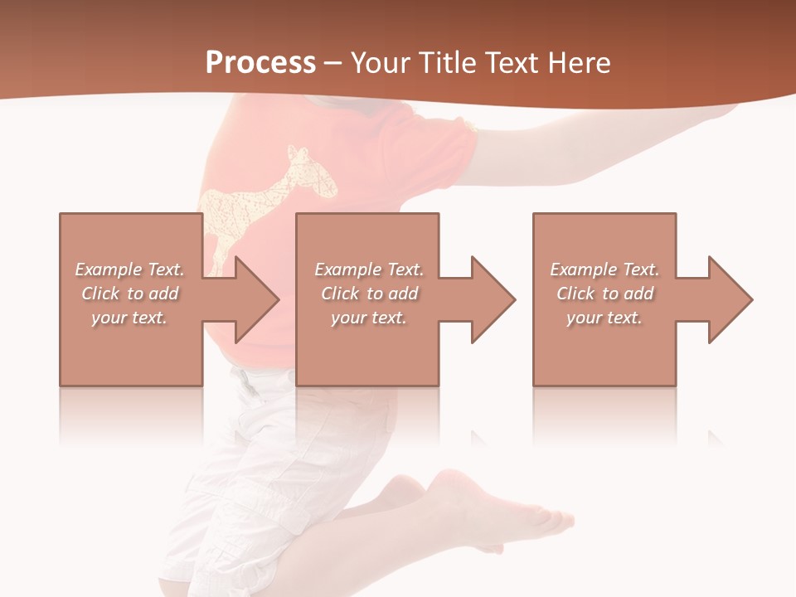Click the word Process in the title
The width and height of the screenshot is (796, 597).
coord(260,63)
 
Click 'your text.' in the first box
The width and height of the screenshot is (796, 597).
coord(129,318)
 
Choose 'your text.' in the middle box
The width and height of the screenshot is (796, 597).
coord(368,318)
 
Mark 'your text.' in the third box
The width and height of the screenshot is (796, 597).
coord(604,318)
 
